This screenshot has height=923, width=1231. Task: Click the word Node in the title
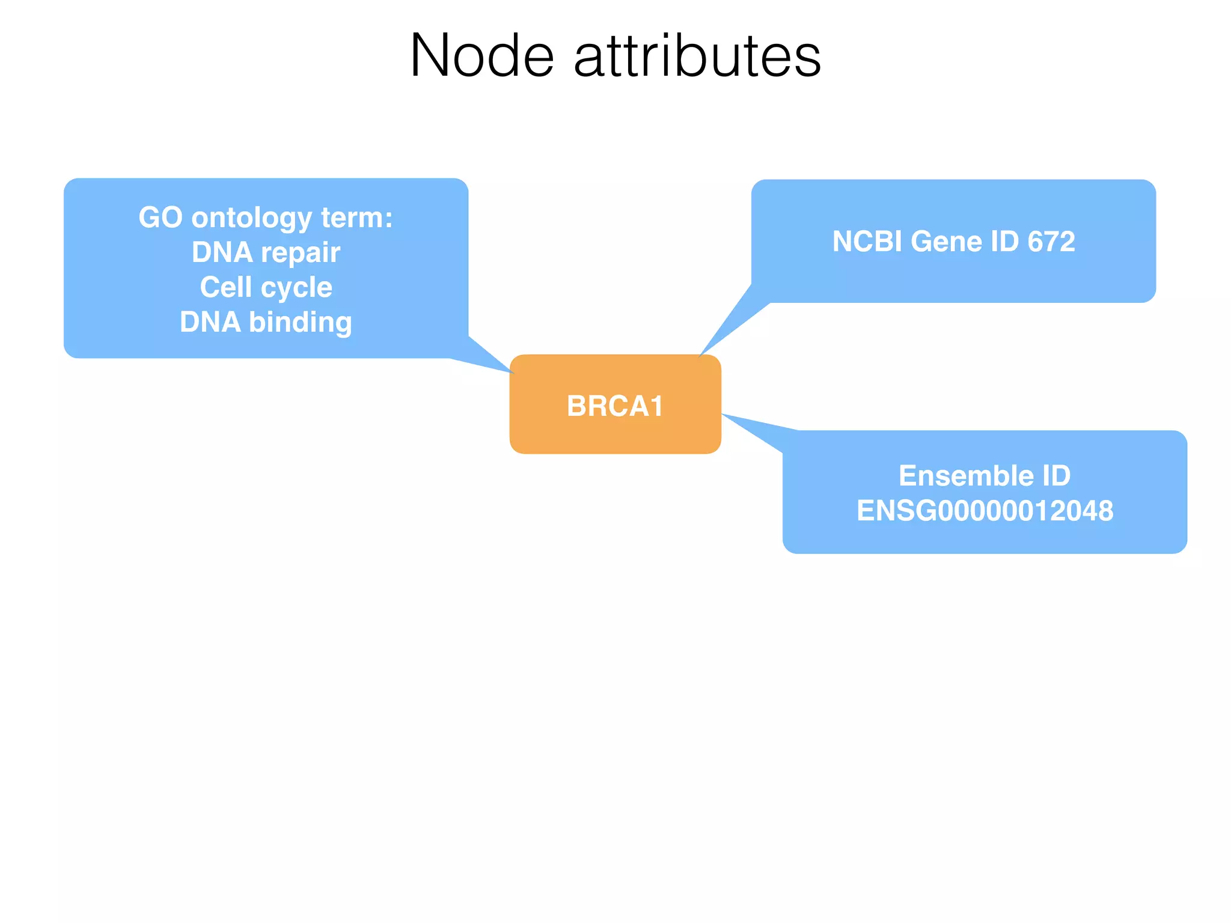click(481, 56)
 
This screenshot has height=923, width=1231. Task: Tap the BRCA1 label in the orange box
click(615, 406)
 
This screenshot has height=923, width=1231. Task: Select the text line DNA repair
click(266, 252)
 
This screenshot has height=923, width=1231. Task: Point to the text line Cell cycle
click(266, 287)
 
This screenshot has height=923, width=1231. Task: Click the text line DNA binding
click(266, 322)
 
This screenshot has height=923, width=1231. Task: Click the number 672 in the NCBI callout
click(1051, 242)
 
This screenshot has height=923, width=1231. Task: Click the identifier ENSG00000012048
click(985, 511)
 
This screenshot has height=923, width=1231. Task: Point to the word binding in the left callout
click(301, 322)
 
